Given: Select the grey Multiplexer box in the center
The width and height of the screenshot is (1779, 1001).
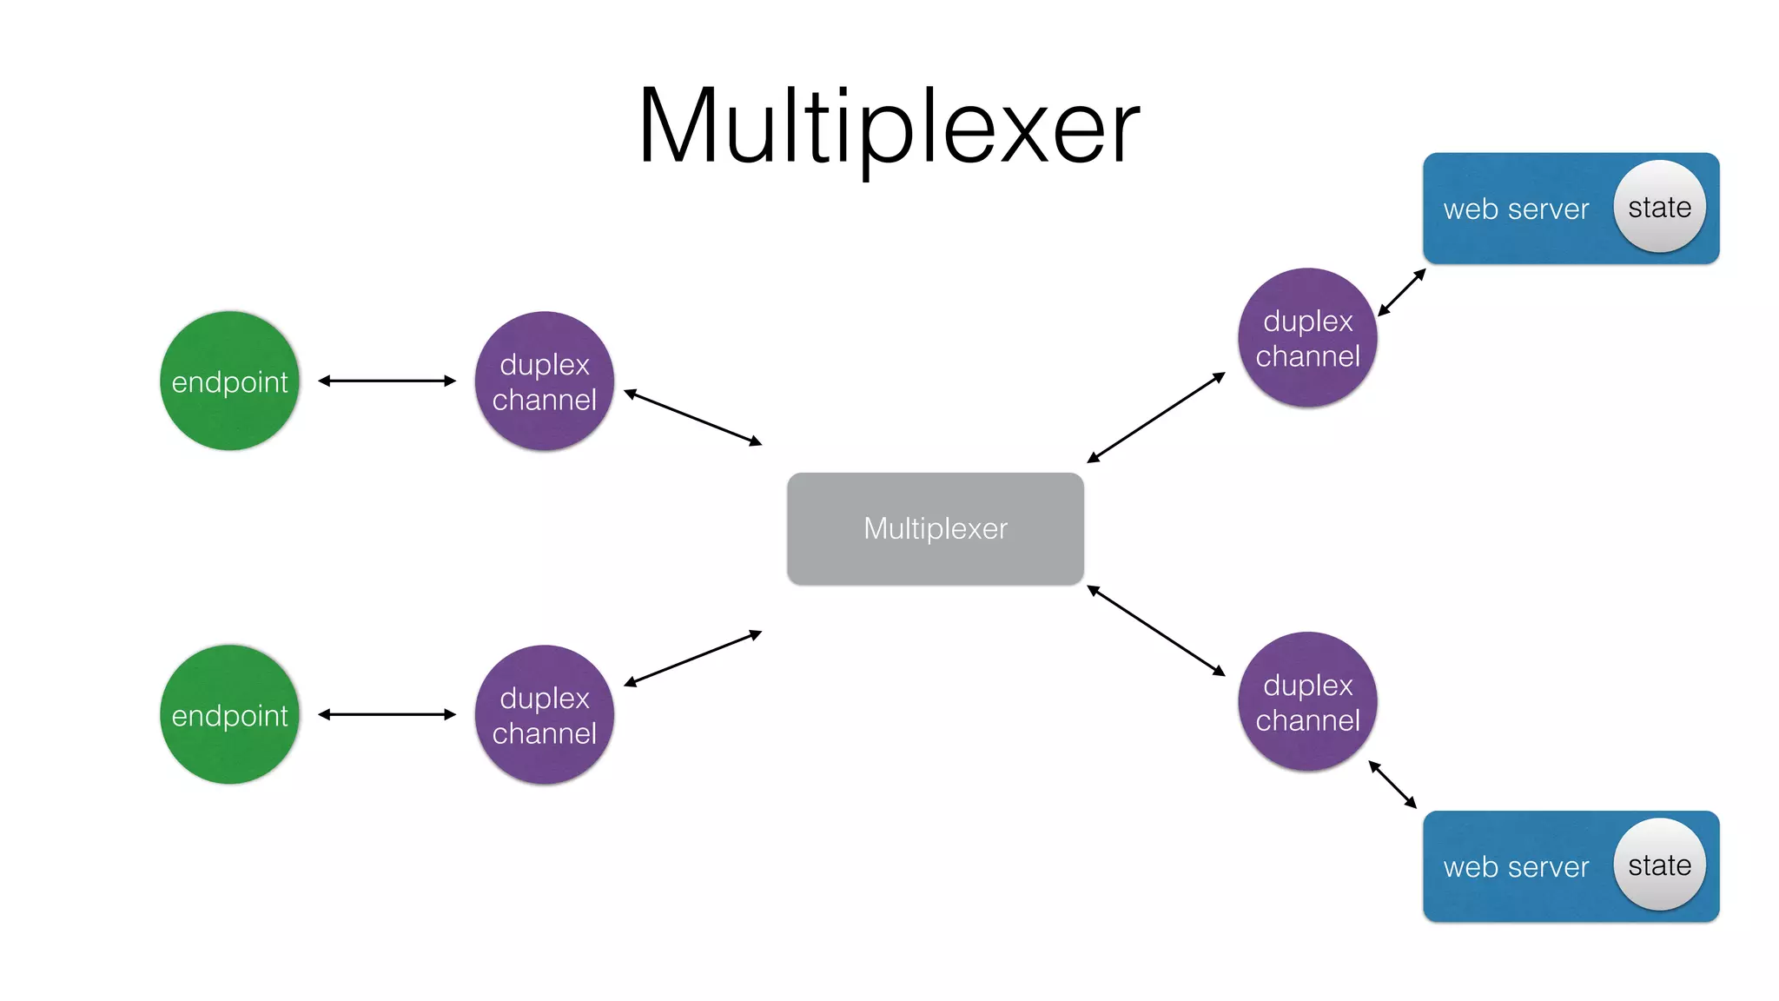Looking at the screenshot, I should click(935, 528).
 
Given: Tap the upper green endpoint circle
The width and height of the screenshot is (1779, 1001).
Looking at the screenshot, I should click(229, 381).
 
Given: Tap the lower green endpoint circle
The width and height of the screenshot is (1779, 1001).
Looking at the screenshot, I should click(229, 714).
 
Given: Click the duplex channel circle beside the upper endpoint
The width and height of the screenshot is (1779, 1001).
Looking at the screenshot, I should click(545, 381).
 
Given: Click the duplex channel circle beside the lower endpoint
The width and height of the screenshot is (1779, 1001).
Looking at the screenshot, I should click(545, 714).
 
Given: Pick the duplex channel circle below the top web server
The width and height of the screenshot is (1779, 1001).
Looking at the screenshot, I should click(1307, 337).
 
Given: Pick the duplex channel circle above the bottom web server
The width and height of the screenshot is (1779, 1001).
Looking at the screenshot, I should click(1307, 701).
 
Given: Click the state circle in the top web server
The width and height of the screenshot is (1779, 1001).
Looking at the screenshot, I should click(1659, 207).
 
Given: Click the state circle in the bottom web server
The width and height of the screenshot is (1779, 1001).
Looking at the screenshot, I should click(1659, 865).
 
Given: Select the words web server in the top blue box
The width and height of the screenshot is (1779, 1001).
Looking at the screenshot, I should click(1516, 209).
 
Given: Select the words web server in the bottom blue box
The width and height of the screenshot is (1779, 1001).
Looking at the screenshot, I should click(1516, 867).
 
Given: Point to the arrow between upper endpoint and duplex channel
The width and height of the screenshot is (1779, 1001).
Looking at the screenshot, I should click(387, 381).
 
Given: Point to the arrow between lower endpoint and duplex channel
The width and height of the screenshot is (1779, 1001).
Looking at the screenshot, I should click(387, 714).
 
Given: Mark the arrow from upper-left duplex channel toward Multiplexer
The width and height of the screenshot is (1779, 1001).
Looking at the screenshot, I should click(693, 418).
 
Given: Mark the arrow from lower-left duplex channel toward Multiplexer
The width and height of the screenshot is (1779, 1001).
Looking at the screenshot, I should click(693, 659).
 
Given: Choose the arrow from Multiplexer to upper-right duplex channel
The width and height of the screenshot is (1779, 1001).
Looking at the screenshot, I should click(1156, 417).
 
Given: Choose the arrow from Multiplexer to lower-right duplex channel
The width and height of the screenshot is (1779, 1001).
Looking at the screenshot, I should click(1156, 631).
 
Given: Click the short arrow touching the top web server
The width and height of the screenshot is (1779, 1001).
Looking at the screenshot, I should click(1402, 292).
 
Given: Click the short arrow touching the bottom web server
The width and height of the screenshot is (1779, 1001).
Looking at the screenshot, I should click(1392, 784).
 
